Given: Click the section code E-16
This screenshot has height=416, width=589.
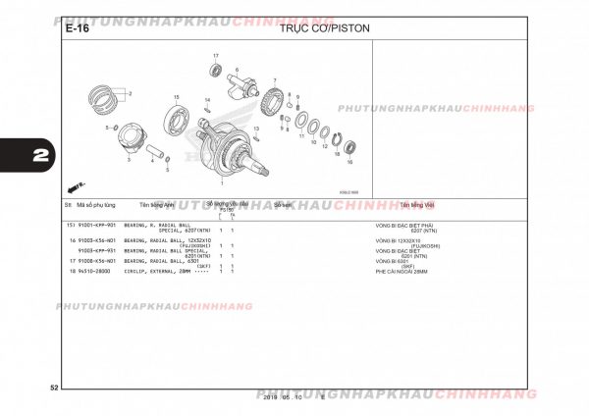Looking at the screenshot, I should tap(77, 28).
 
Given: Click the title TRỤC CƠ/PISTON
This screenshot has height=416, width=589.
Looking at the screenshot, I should tap(324, 28).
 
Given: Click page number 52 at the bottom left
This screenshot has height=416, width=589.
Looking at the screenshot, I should tap(54, 390).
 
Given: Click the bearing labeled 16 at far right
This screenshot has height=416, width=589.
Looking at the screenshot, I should tap(349, 148).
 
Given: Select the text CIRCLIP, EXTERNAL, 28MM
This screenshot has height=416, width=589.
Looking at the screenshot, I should tap(156, 271).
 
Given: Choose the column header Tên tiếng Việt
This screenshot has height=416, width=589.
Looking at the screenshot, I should tap(421, 205).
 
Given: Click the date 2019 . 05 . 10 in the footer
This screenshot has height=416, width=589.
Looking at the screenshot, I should tap(286, 396).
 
